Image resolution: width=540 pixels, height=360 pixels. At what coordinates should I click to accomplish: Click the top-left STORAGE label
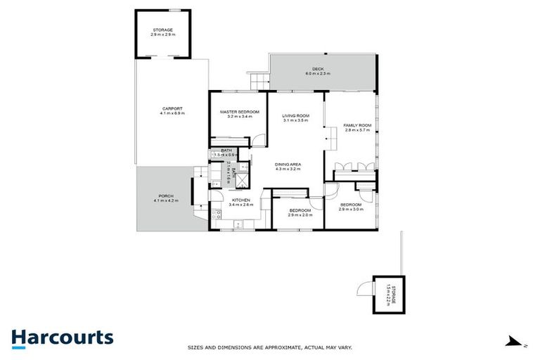tap(162, 30)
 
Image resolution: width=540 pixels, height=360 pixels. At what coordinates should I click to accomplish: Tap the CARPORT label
tap(172, 108)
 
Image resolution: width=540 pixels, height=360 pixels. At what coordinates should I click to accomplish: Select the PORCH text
tap(165, 196)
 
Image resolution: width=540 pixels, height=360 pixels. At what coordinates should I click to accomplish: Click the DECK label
tap(318, 69)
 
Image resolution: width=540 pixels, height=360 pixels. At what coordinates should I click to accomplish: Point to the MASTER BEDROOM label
tap(239, 112)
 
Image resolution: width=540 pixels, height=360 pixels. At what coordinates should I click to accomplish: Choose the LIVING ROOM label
tap(296, 116)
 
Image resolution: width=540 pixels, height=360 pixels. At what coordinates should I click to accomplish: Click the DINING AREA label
tap(288, 165)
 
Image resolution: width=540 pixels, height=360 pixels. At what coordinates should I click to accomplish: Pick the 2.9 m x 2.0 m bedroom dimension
tap(300, 214)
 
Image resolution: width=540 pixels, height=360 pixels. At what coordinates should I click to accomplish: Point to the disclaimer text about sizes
tap(269, 347)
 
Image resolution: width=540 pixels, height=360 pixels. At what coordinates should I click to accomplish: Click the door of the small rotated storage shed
tap(364, 289)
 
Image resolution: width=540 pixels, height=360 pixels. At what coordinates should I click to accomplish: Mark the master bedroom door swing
tap(259, 139)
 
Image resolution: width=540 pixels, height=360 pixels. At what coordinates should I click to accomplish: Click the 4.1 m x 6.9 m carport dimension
tap(172, 112)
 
